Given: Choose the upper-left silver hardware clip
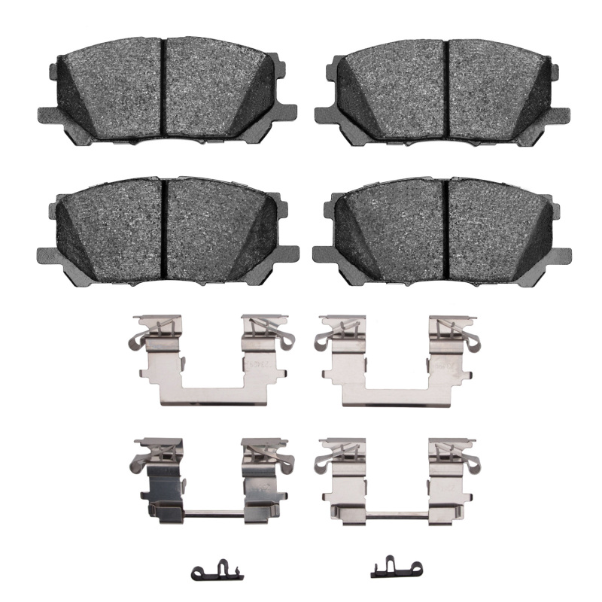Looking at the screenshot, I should [x=202, y=361].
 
